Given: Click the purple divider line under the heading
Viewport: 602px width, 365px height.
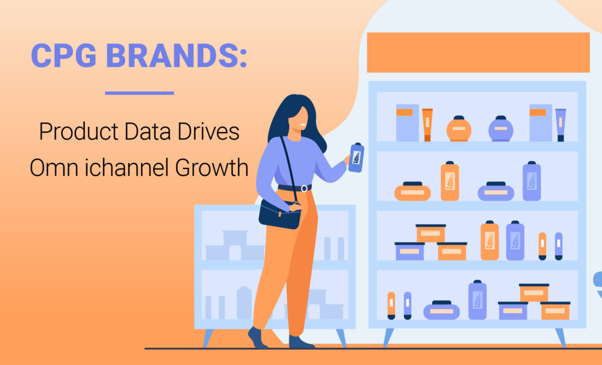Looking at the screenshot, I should pos(139,92).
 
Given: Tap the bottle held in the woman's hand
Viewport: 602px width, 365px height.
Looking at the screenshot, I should pos(355,157).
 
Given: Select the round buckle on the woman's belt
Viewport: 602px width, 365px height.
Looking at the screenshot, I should pos(303,188).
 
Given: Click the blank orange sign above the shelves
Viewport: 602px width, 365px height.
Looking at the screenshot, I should pos(477,52).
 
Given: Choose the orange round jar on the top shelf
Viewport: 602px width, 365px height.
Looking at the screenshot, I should pos(459,129).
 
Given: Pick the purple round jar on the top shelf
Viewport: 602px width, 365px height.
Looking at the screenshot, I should pos(501,128).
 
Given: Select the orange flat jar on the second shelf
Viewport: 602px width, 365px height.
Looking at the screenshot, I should pos(412,191).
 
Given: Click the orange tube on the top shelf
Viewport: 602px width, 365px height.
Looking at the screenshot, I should pos(427,125).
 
